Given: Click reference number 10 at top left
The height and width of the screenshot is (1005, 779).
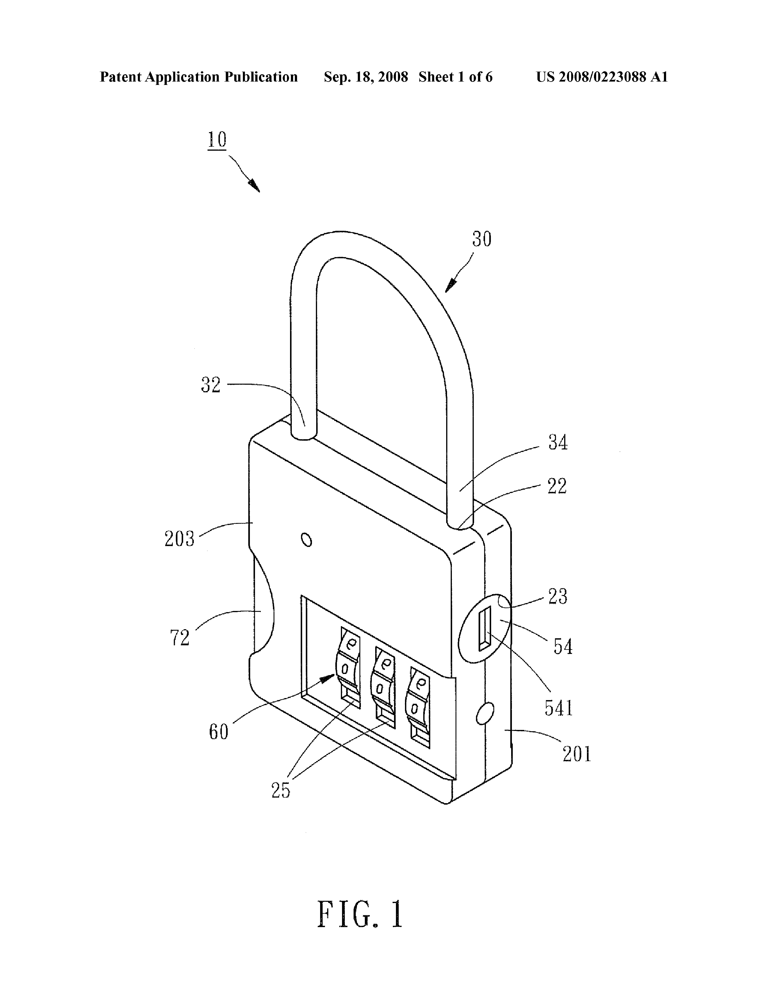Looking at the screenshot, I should pyautogui.click(x=217, y=139).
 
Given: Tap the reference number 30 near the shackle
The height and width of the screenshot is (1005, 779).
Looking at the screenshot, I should pyautogui.click(x=482, y=239).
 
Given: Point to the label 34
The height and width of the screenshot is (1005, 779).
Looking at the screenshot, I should pyautogui.click(x=558, y=443).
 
